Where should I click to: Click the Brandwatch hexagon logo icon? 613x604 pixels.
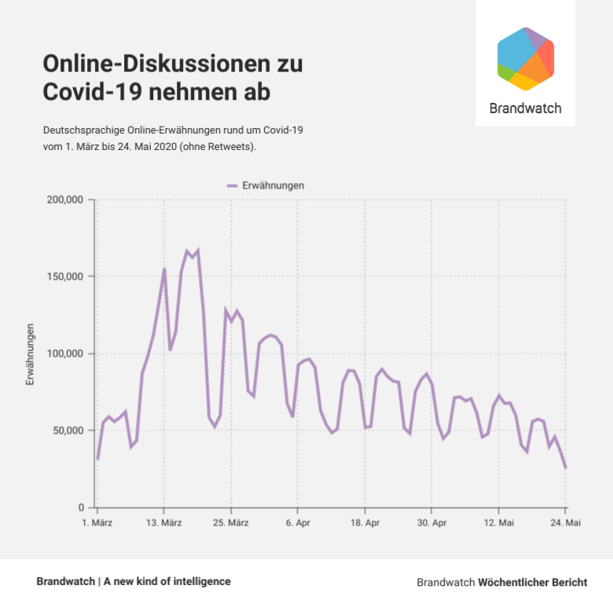526,59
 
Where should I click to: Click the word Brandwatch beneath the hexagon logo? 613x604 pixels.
525,108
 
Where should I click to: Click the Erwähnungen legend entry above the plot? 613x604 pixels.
267,185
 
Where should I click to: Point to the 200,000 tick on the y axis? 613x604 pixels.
65,200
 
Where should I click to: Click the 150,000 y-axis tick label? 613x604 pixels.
65,276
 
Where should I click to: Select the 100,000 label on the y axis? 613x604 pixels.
65,353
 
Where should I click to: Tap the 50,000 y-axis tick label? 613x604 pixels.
68,430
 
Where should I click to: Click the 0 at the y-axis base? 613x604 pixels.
81,507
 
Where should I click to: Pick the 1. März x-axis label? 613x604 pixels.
97,522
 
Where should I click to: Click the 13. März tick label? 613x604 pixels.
163,522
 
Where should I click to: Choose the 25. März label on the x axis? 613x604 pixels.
230,522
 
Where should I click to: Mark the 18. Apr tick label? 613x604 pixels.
365,522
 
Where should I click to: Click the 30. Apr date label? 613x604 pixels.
431,522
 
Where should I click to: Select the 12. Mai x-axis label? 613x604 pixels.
498,522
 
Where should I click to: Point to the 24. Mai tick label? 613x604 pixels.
565,522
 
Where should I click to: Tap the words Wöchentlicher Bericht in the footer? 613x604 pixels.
533,583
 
